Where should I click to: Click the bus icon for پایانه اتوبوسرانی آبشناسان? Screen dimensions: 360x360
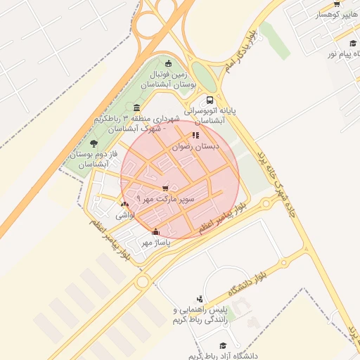(210, 100)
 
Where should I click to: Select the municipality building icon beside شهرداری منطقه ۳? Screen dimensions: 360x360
(136, 108)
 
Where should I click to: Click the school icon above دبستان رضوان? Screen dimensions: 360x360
(195, 135)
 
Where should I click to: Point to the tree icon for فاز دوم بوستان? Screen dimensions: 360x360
(94, 143)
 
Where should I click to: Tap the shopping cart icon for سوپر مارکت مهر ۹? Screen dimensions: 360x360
(165, 188)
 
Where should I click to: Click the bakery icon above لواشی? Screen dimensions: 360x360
(124, 204)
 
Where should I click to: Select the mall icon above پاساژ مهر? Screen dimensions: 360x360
(155, 232)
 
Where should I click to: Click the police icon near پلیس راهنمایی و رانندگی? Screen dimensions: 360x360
(200, 299)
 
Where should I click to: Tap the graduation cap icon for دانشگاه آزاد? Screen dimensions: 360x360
(223, 345)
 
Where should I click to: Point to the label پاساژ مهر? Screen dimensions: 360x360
(157, 243)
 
